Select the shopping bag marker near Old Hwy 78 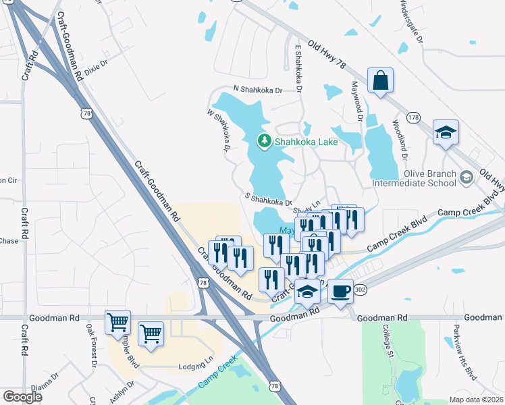pos(380,80)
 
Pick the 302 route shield pos(359,290)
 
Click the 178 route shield pos(414,117)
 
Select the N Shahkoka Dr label pos(258,88)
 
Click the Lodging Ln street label pos(195,367)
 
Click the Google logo pos(22,397)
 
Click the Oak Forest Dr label pos(91,344)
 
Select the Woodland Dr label pos(401,140)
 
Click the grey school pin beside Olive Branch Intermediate pos(467,178)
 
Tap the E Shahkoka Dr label pos(298,68)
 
